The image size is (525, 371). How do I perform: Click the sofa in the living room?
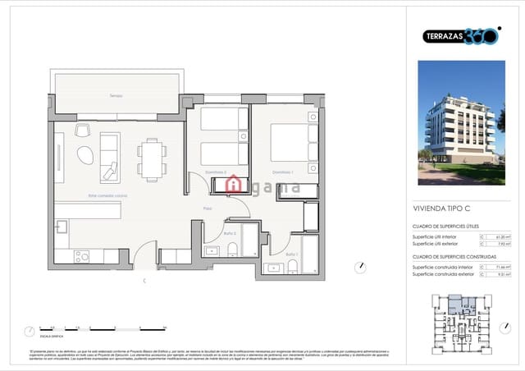[x=110, y=157]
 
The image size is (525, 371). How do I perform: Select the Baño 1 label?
[x=292, y=254]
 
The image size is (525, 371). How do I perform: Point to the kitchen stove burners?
[x=82, y=257]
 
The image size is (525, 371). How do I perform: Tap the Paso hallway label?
[x=208, y=209]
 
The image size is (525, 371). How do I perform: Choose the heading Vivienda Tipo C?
[x=440, y=209]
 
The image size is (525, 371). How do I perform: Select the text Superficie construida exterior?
[x=443, y=273]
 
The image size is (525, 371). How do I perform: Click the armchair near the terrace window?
[x=82, y=129]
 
